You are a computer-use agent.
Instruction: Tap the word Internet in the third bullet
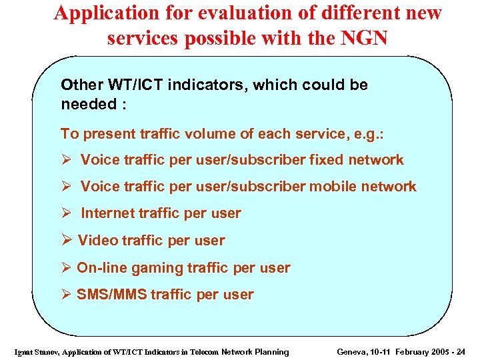[x=108, y=213]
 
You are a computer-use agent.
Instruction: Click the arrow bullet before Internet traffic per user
[x=65, y=213]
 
